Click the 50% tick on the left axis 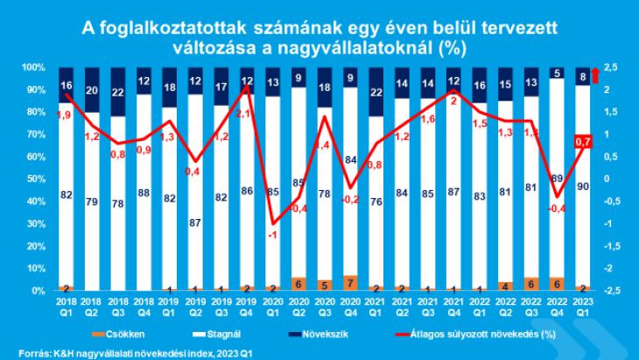(x=35, y=179)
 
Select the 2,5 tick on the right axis (x=611, y=67)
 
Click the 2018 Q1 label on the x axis (x=66, y=306)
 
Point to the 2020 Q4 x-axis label (x=351, y=306)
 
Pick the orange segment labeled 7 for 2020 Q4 (x=351, y=283)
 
